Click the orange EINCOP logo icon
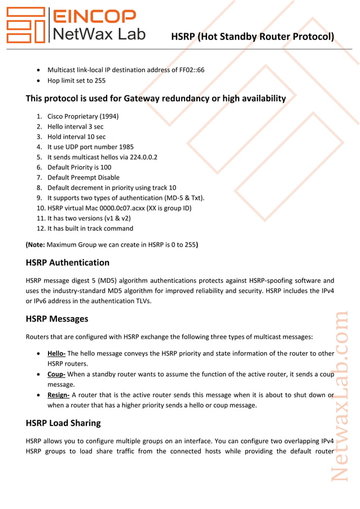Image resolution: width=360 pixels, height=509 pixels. pyautogui.click(x=25, y=25)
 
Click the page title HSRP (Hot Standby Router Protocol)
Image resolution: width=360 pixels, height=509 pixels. pyautogui.click(x=252, y=37)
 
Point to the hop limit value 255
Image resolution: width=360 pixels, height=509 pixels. pyautogui.click(x=100, y=81)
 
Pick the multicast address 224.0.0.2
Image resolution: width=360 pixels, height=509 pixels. pyautogui.click(x=142, y=157)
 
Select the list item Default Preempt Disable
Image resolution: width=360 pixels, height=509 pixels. pyautogui.click(x=84, y=177)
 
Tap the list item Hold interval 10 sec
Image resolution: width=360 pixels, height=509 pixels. pyautogui.click(x=76, y=137)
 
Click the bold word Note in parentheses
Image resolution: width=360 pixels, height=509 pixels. pyautogui.click(x=36, y=245)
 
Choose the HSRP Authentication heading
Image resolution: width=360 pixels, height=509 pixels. pyautogui.click(x=68, y=262)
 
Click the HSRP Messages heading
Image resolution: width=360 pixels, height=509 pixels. pyautogui.click(x=57, y=319)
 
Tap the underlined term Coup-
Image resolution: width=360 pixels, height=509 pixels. pyautogui.click(x=56, y=374)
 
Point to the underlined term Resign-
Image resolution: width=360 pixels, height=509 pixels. pyautogui.click(x=58, y=395)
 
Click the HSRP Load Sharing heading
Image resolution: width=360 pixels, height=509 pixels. pyautogui.click(x=63, y=423)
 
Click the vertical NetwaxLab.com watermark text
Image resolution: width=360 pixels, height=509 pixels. pyautogui.click(x=340, y=395)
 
